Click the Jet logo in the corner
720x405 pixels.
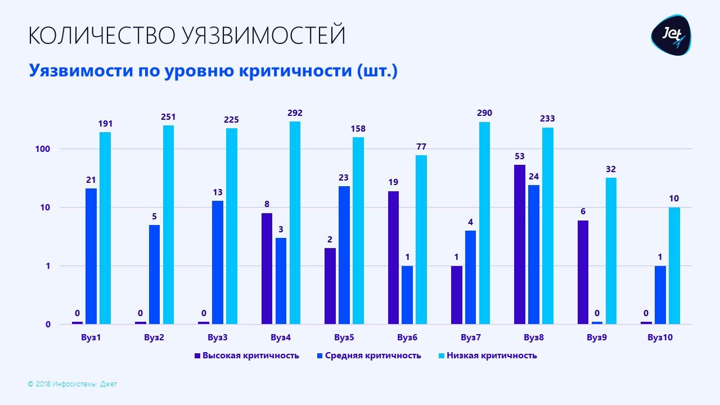(671, 35)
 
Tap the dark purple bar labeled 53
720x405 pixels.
(520, 244)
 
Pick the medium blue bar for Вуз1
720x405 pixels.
(91, 256)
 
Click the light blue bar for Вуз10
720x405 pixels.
(674, 265)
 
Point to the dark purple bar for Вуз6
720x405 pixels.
(393, 257)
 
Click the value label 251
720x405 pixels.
(168, 118)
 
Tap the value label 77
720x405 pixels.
(421, 147)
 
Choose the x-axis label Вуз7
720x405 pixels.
(470, 338)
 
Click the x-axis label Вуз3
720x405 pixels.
(217, 338)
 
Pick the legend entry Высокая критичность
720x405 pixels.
(250, 355)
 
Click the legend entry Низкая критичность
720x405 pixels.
(492, 355)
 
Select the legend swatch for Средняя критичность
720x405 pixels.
(319, 355)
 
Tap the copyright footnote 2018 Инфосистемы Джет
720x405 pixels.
(76, 384)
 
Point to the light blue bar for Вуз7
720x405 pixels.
(485, 223)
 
